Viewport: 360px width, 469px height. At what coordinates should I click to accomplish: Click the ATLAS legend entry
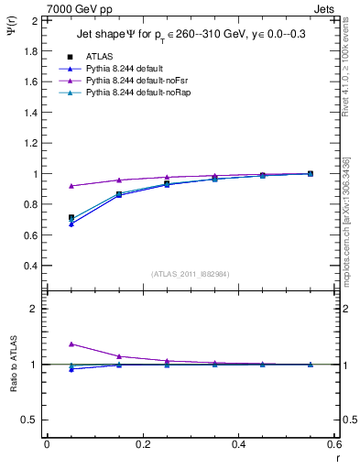(99, 56)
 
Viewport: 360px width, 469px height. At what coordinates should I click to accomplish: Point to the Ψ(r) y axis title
(11, 33)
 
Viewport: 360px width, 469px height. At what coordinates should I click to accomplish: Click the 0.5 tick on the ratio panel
(31, 420)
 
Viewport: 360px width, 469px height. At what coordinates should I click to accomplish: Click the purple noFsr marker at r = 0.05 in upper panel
(71, 186)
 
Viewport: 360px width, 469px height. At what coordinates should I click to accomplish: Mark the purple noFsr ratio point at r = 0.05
(71, 344)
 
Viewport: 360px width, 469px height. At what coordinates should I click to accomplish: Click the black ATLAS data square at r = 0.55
(310, 173)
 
